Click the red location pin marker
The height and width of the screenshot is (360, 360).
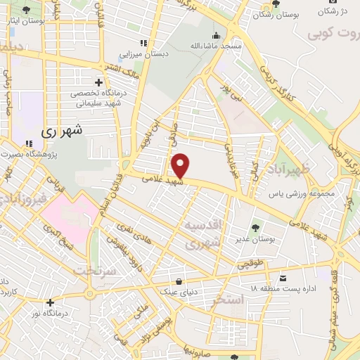181,166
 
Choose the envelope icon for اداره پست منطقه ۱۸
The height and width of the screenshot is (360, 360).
283,278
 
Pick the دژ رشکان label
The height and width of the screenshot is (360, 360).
335,11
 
